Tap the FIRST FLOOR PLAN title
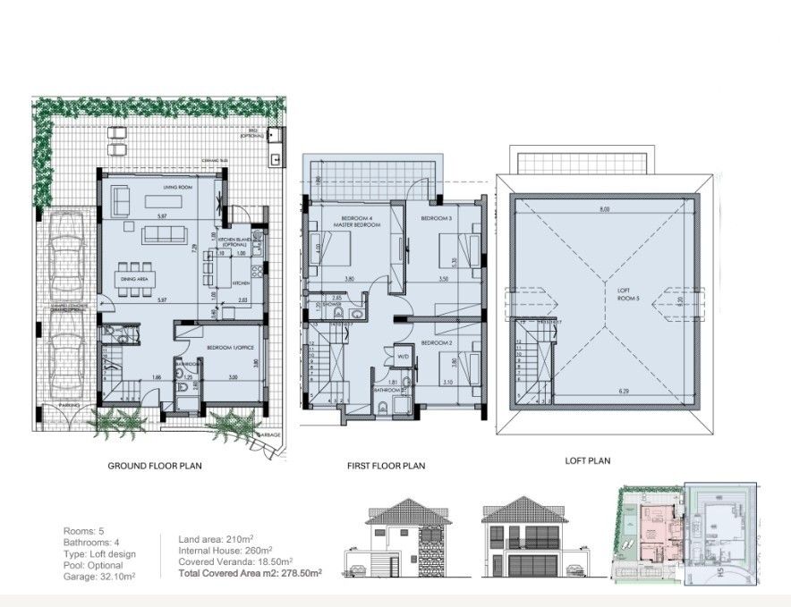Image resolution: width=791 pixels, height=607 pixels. point(386,466)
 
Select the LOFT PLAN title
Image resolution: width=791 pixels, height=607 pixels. point(587,461)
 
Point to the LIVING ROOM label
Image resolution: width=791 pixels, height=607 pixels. point(178,189)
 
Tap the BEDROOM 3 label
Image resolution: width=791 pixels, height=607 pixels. point(438,219)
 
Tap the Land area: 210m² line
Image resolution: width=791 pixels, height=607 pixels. point(217,538)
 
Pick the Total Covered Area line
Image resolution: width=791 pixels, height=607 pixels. point(251,571)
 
